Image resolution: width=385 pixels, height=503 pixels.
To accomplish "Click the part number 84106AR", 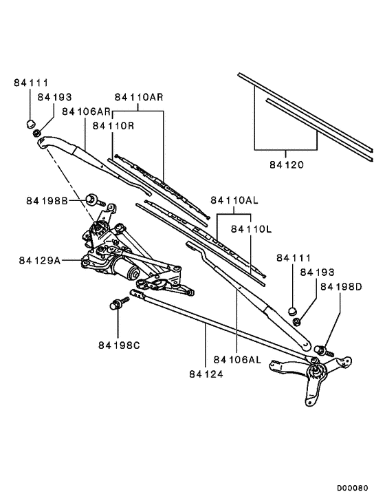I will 87,111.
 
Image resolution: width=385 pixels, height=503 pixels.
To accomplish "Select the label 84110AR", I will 139,97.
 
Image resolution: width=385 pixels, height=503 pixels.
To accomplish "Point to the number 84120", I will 286,165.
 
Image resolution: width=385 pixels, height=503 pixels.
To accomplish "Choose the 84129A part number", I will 40,261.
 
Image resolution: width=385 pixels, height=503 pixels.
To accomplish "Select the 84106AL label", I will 237,359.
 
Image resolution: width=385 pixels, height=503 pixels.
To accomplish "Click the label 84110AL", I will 234,201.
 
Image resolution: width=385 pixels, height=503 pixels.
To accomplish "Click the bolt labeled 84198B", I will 93,202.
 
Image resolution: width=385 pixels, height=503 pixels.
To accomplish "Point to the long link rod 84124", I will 220,324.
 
